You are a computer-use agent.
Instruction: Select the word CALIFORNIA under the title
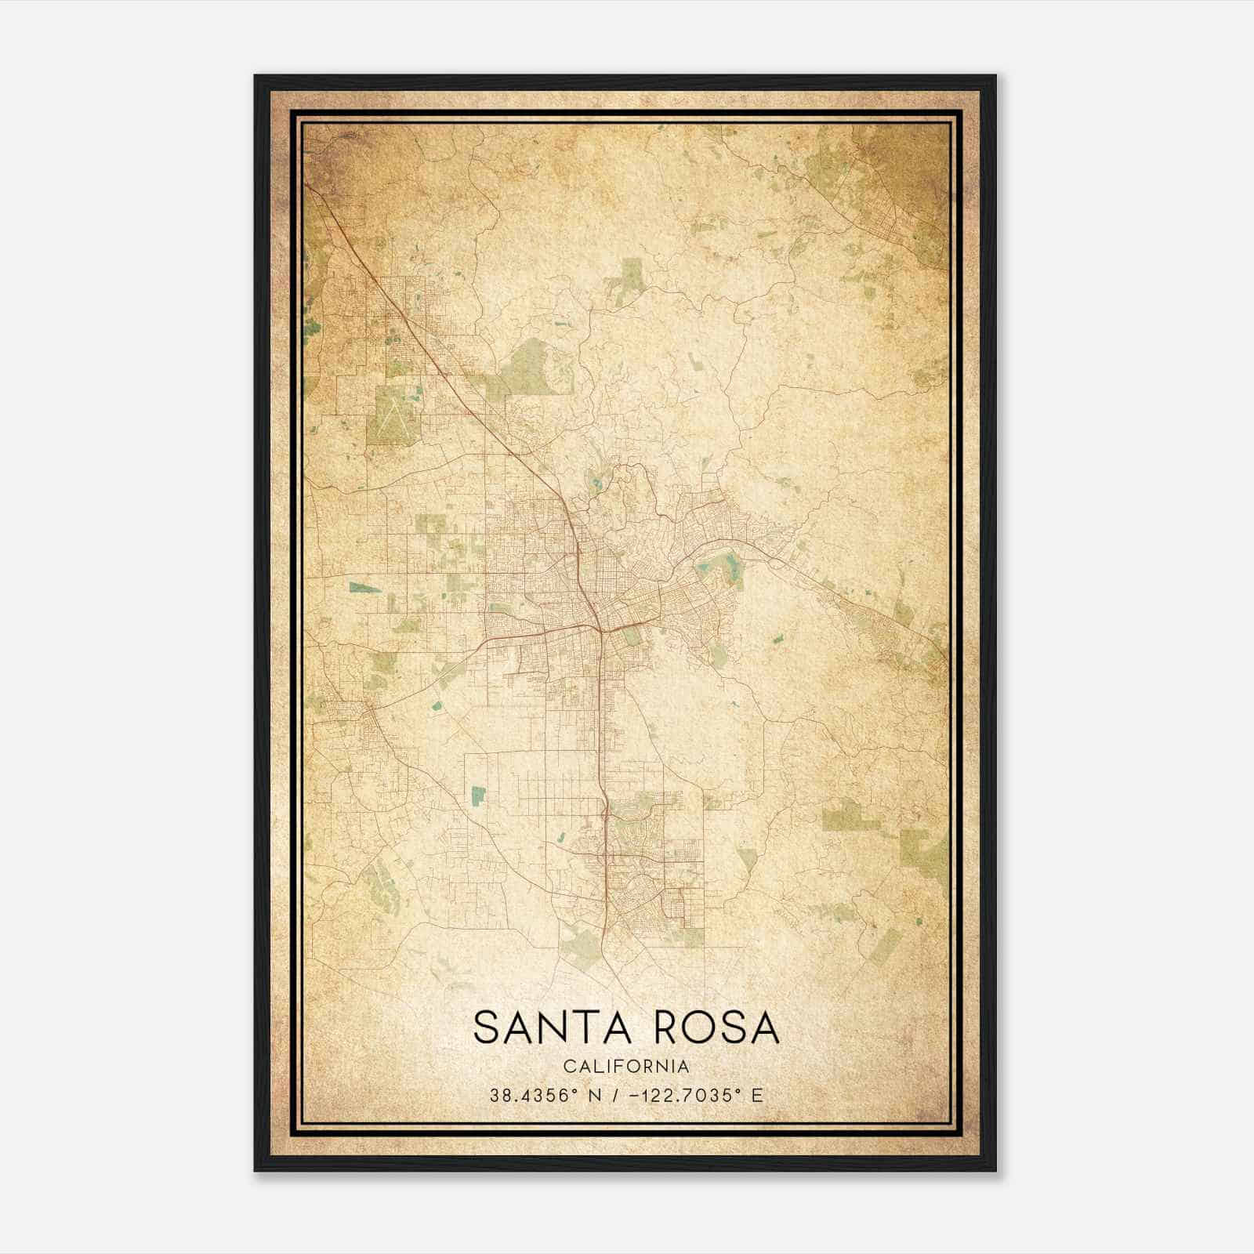(626, 1066)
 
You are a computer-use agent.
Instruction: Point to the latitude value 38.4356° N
(545, 1096)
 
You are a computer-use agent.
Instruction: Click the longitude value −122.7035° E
(694, 1096)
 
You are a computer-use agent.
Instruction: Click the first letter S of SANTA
(487, 1027)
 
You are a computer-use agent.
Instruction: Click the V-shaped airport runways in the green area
(392, 415)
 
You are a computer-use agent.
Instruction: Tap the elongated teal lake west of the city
(365, 587)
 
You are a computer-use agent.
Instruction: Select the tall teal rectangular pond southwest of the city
(477, 796)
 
